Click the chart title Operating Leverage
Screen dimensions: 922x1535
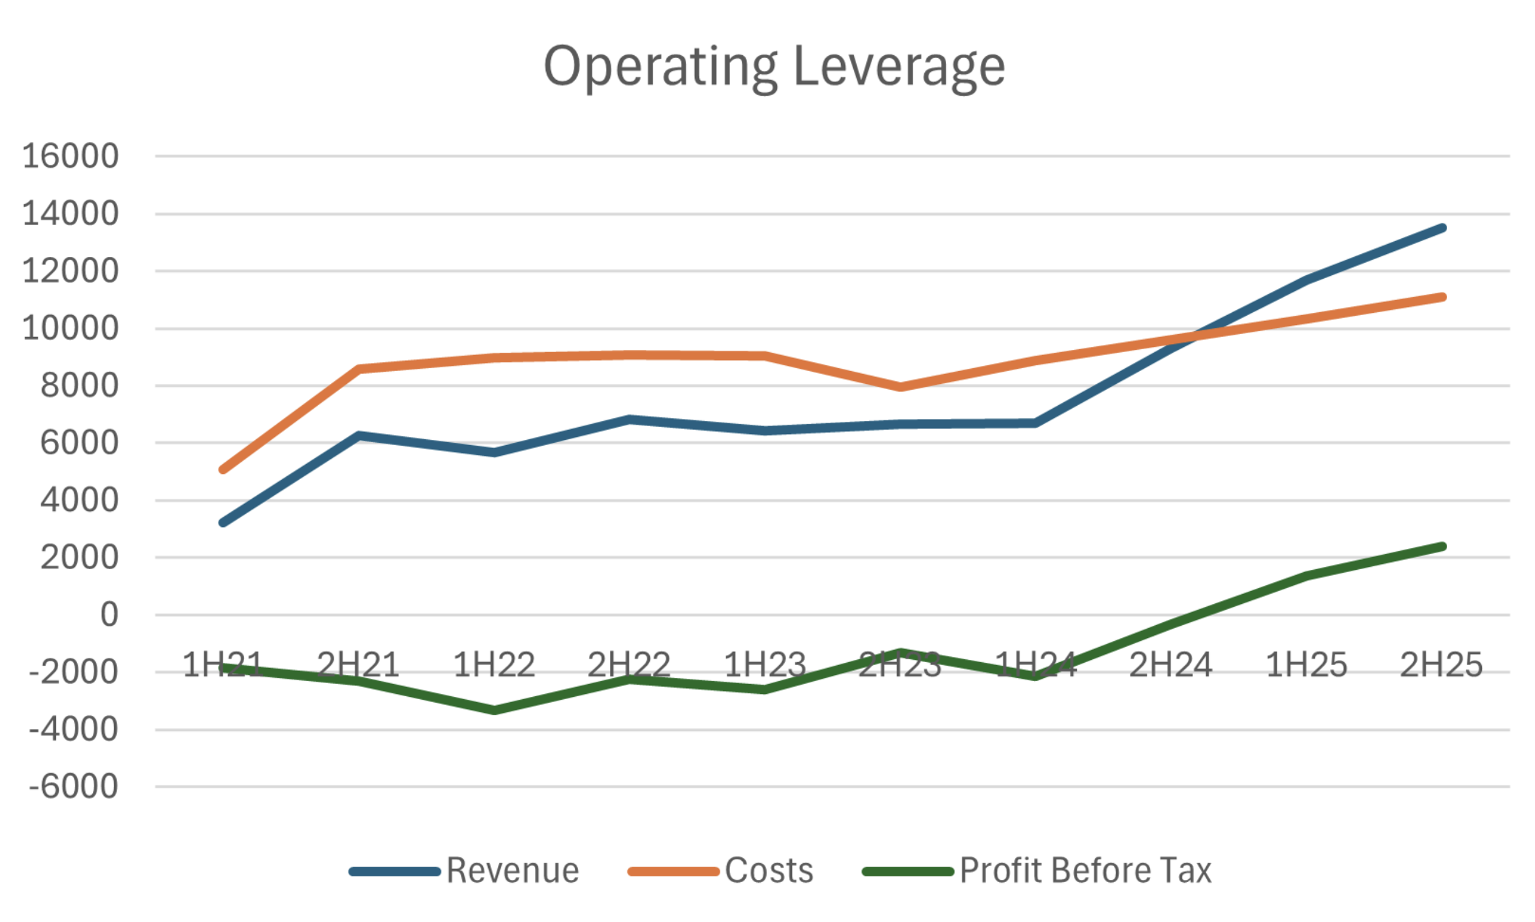coord(774,67)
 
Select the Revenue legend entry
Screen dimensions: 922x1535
coord(512,870)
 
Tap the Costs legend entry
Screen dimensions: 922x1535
coord(768,870)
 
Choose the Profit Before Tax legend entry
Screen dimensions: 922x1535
coord(1085,870)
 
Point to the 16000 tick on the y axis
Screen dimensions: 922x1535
coord(70,156)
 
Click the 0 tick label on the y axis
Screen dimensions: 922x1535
coord(109,615)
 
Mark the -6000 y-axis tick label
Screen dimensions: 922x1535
coord(73,787)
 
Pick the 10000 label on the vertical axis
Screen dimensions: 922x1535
coord(70,328)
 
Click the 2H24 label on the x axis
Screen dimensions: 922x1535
coord(1170,665)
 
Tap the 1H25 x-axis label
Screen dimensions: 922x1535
coord(1306,665)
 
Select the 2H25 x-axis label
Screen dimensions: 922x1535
coord(1441,665)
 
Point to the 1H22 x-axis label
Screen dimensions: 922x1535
coord(494,665)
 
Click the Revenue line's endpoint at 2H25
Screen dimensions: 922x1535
coord(1442,228)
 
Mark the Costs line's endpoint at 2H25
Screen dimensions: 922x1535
coord(1442,297)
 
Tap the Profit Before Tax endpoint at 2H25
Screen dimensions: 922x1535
coord(1442,547)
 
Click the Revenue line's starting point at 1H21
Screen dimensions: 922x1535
coord(223,523)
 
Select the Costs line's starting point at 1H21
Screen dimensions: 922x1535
coord(223,470)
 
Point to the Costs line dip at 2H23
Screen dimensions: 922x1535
coord(900,387)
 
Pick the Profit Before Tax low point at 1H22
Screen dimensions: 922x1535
coord(494,710)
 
